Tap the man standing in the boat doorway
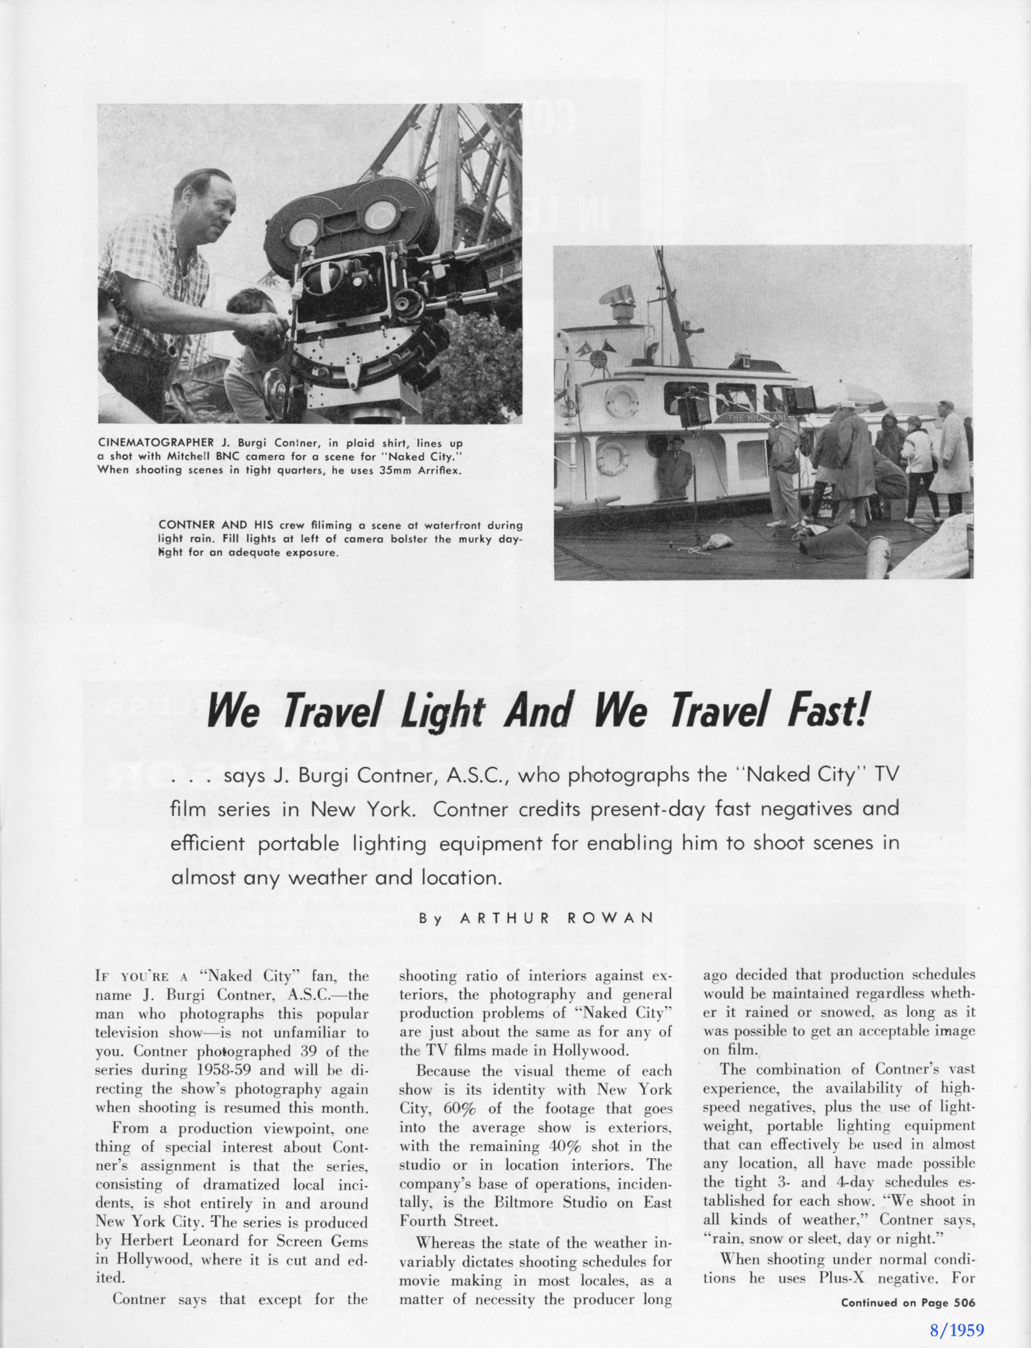(x=673, y=467)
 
